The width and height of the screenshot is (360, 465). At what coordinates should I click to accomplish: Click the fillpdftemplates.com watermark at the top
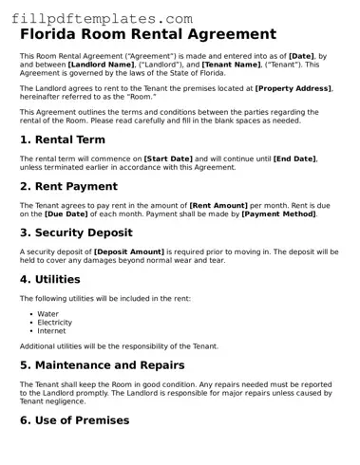tap(98, 18)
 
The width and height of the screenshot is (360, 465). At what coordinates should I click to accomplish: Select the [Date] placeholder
tap(304, 56)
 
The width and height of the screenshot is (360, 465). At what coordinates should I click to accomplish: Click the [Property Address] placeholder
tap(294, 87)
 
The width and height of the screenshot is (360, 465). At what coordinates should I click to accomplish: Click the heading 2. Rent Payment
tap(69, 186)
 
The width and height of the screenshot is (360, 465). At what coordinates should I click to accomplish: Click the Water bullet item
tap(47, 313)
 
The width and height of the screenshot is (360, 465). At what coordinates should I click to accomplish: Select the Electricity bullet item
tap(54, 322)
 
